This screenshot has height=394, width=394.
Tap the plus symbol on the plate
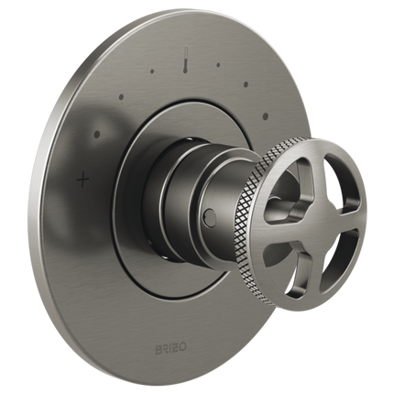pos(84,180)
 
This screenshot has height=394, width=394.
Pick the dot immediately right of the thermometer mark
pos(218,65)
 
